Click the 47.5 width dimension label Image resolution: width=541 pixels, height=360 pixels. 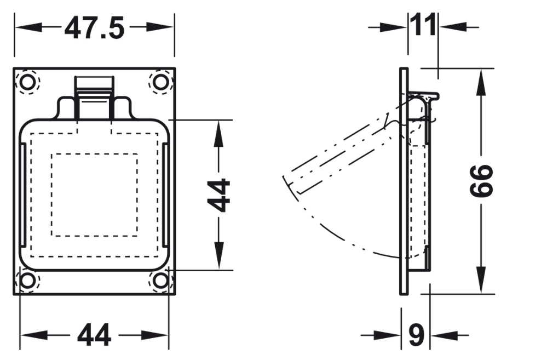point(94,28)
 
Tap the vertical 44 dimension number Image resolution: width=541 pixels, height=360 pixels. point(219,195)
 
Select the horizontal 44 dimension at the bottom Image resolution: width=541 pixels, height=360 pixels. point(94,334)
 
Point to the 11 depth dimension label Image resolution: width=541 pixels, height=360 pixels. point(423,25)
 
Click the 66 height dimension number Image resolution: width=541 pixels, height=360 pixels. point(482,180)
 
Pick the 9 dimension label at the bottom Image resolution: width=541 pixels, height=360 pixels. point(416,334)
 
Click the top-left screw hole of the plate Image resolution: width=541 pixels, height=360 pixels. point(27,82)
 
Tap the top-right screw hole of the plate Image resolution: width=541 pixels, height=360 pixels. point(160,82)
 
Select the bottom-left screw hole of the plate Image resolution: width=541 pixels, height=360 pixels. point(27,280)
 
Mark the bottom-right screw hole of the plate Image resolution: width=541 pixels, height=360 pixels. point(160,280)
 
